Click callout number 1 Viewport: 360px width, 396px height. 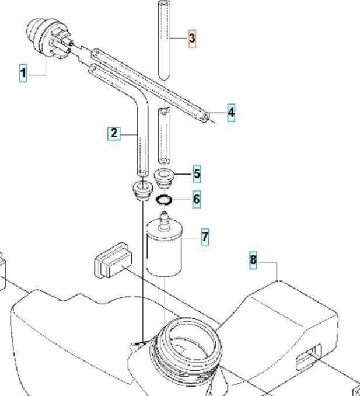[23, 73]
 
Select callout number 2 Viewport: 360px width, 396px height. [114, 133]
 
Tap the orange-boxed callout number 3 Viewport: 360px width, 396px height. [192, 39]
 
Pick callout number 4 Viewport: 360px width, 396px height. [231, 113]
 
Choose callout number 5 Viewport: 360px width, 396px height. [197, 174]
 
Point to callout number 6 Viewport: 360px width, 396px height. [197, 199]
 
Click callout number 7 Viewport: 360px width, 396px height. [205, 237]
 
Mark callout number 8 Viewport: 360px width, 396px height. [253, 260]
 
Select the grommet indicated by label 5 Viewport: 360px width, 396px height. [164, 179]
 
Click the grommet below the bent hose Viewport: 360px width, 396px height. [142, 190]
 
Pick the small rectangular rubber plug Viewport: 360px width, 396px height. [113, 260]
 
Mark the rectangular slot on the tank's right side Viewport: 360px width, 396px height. [309, 357]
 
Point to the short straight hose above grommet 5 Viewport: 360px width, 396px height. [164, 136]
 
